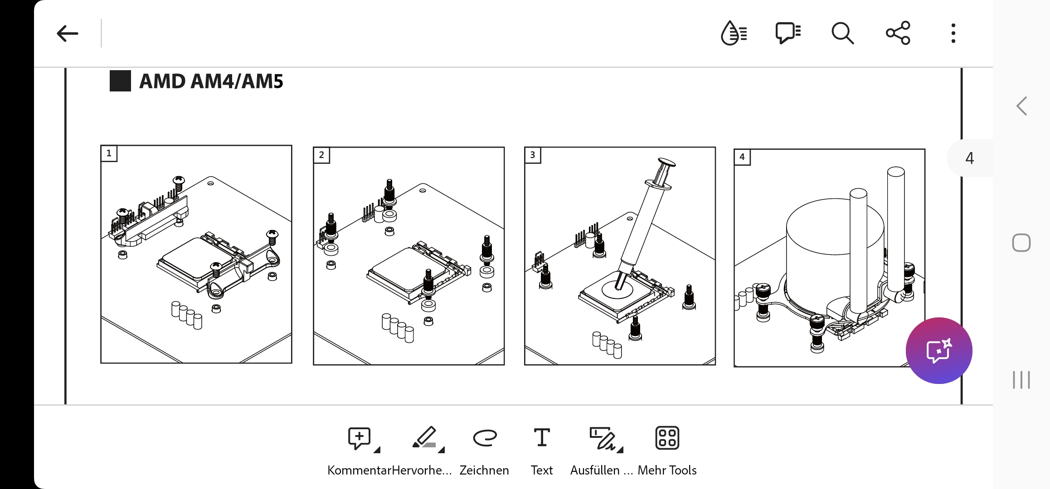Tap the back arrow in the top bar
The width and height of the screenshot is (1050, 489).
tap(67, 34)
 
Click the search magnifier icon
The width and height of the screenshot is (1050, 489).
tap(842, 33)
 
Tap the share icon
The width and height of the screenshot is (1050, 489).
tap(898, 33)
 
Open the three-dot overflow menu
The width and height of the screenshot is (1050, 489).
tap(953, 33)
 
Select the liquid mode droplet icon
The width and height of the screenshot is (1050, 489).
tap(734, 33)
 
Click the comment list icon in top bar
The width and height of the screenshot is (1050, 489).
tap(788, 33)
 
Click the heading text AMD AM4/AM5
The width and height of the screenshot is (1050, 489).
tap(211, 81)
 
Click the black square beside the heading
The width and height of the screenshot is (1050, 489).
tap(120, 81)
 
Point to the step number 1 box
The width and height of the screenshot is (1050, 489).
tap(109, 153)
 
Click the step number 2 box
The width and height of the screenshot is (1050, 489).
tap(321, 155)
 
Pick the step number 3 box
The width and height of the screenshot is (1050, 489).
tap(533, 155)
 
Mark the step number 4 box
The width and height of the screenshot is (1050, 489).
tap(742, 157)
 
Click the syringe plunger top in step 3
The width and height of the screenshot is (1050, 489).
tap(666, 162)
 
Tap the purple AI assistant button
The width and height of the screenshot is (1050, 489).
tap(939, 351)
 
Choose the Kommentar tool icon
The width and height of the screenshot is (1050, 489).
tap(360, 438)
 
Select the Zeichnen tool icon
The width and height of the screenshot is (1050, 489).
tap(485, 438)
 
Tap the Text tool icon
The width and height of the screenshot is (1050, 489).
tap(542, 437)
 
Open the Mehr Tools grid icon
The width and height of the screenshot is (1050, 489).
tap(667, 438)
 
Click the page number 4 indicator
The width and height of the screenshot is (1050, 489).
tap(969, 158)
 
